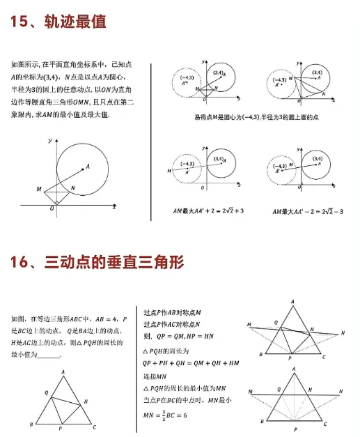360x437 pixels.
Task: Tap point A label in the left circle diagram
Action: tap(88, 166)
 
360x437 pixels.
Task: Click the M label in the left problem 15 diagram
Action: tap(39, 189)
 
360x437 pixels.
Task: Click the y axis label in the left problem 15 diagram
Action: tap(50, 141)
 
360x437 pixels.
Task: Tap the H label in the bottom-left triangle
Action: tap(85, 402)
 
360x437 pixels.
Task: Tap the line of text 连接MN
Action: tap(157, 376)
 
